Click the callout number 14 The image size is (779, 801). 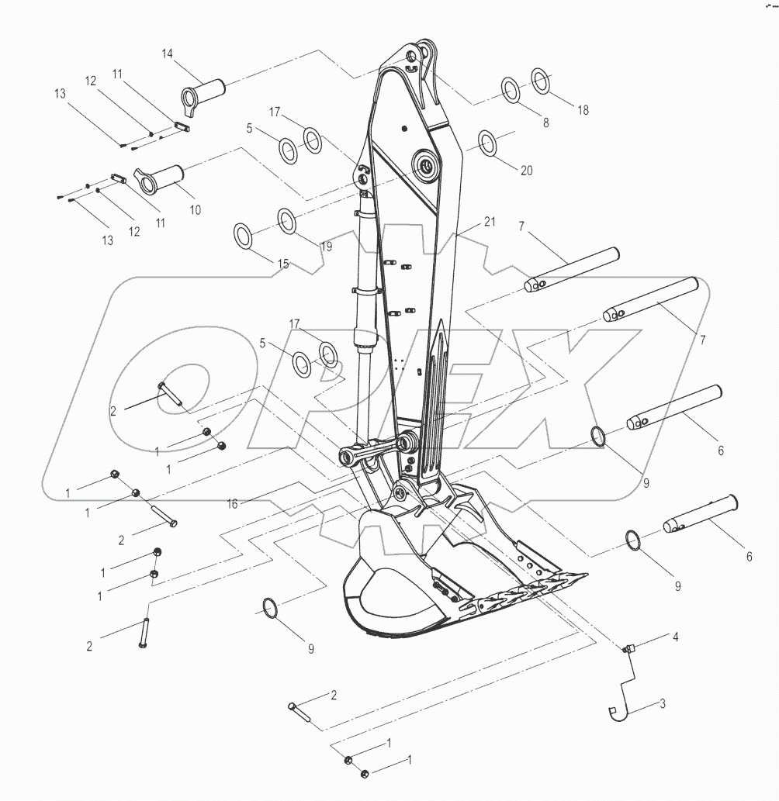point(168,54)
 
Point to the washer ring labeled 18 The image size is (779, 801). point(541,81)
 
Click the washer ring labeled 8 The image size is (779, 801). point(511,89)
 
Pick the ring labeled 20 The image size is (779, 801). point(487,143)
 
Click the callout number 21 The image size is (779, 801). point(489,222)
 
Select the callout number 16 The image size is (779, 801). point(232,503)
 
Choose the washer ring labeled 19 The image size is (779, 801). point(286,220)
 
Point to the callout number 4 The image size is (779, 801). point(675,637)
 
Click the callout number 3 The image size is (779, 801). point(663,704)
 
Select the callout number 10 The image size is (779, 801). point(194,209)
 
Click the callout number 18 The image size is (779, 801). point(582,110)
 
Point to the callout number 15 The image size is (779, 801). point(282,264)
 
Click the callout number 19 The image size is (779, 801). point(325,247)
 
